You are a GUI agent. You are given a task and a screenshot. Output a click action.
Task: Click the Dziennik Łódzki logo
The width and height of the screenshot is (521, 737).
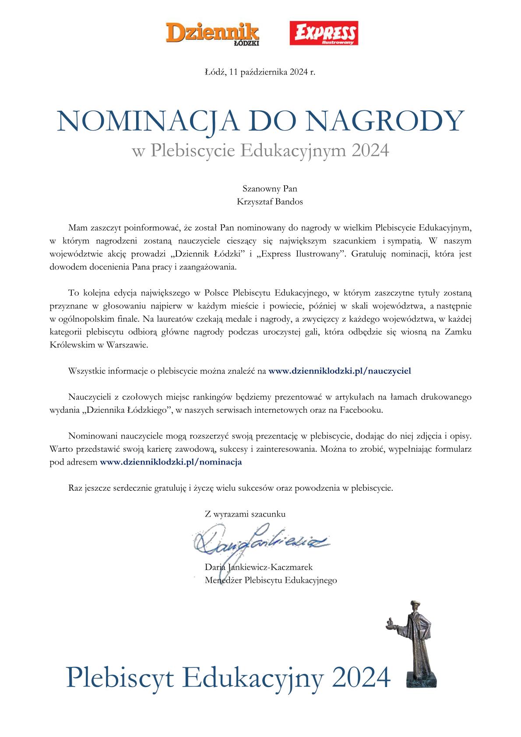click(212, 34)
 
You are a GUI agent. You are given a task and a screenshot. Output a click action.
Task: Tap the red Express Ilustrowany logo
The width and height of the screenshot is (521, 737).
click(324, 33)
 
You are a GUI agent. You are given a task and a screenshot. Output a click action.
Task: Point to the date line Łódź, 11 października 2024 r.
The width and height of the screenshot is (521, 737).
click(260, 72)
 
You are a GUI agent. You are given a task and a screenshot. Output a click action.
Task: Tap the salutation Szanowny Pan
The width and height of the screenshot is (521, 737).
click(270, 189)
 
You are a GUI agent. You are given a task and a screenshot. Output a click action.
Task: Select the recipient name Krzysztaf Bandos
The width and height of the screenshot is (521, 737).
click(270, 202)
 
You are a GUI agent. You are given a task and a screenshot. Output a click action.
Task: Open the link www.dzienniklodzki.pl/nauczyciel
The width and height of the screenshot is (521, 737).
click(339, 371)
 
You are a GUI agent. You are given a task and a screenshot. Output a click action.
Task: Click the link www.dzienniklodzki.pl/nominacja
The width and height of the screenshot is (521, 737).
click(171, 462)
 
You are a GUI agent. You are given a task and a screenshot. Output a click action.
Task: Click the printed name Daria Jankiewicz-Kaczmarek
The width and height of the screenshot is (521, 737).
click(259, 567)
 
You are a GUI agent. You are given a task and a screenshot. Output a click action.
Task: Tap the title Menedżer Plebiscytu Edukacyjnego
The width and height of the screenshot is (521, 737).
click(271, 581)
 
